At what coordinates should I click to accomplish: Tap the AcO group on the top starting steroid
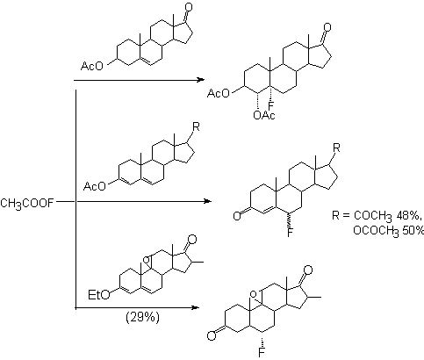click(x=92, y=66)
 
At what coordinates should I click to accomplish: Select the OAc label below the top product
click(x=264, y=116)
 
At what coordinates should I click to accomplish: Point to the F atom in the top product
click(x=271, y=105)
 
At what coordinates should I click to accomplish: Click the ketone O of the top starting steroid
click(x=189, y=7)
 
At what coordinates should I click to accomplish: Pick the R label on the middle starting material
click(x=196, y=127)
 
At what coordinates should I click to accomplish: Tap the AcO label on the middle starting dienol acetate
click(x=95, y=186)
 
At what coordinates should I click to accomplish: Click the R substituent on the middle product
click(x=336, y=148)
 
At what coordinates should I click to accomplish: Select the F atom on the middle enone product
click(x=290, y=233)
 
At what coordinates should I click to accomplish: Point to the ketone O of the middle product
click(x=237, y=216)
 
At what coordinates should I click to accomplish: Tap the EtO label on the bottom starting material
click(x=99, y=295)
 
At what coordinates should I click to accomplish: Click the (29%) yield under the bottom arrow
click(x=143, y=318)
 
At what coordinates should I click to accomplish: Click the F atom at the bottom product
click(x=262, y=352)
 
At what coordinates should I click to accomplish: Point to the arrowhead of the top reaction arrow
click(x=200, y=80)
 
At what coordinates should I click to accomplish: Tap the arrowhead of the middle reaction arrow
click(x=207, y=201)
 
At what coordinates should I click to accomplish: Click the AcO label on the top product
click(x=219, y=94)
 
